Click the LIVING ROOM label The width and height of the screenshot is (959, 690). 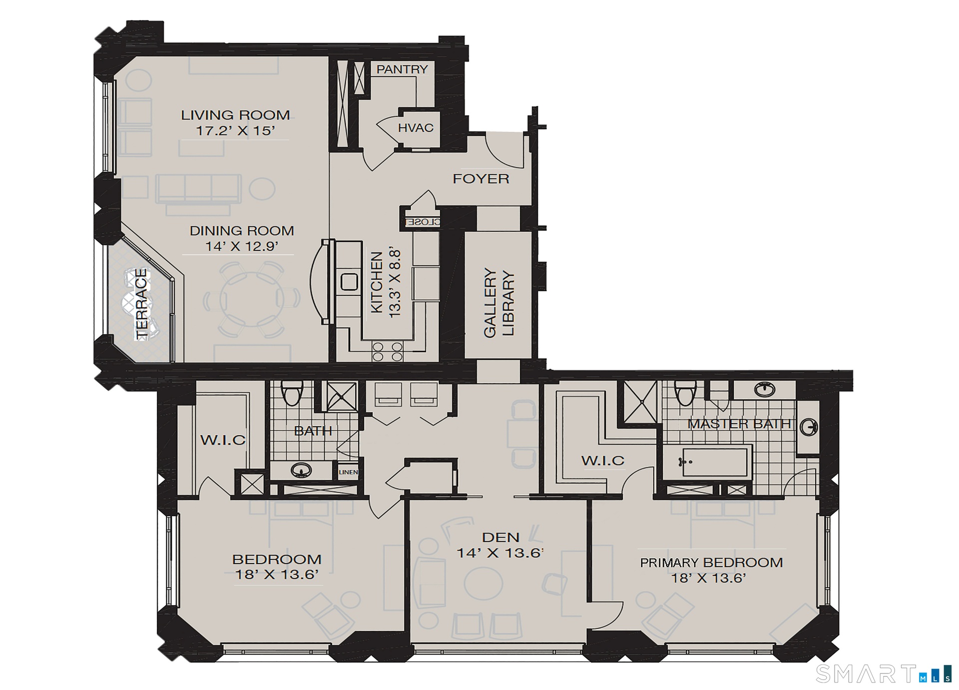[x=235, y=115]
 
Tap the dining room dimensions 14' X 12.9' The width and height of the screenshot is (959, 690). [x=242, y=246]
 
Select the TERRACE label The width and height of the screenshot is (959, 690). [x=142, y=304]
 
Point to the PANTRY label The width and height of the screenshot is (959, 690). [x=402, y=69]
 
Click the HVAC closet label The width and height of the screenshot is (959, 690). [x=416, y=128]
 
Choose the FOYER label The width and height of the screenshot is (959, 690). [x=481, y=179]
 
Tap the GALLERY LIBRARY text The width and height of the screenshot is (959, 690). [x=498, y=303]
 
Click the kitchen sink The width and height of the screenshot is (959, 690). [x=349, y=281]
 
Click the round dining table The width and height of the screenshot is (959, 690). [x=252, y=299]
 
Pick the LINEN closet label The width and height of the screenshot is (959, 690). [x=348, y=472]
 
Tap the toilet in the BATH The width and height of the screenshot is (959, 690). [x=290, y=393]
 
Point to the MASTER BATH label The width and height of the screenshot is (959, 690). [x=739, y=424]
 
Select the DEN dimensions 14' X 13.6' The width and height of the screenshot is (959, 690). [x=500, y=553]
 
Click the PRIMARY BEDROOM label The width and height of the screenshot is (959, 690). [x=711, y=563]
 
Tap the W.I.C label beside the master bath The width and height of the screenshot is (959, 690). [x=603, y=460]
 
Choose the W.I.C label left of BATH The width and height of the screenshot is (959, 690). [x=223, y=440]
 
